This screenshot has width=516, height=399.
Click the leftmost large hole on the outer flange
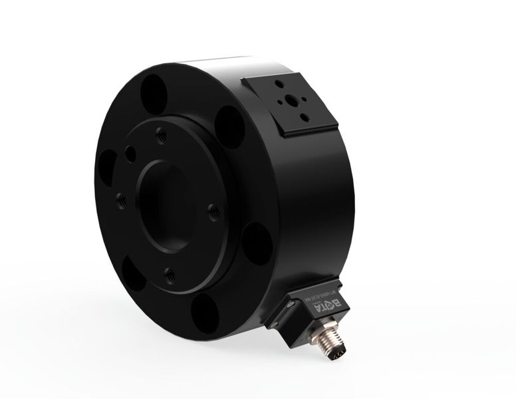(x=106, y=166)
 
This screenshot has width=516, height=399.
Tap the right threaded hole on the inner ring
(x=213, y=212)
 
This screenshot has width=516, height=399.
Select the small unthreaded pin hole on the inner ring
(x=131, y=154)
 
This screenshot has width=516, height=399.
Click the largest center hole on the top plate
(x=291, y=102)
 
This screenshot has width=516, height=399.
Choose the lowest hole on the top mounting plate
(x=304, y=118)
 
